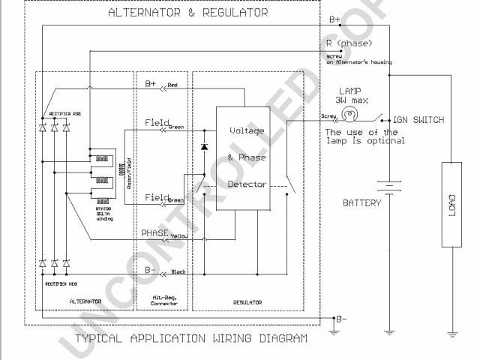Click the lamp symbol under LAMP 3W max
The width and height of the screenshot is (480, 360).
click(x=348, y=115)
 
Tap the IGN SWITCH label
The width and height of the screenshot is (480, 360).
click(x=418, y=120)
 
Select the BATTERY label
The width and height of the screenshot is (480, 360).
click(x=362, y=202)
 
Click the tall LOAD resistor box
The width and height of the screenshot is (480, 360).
click(x=451, y=204)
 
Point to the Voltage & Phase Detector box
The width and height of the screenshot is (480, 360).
click(x=242, y=158)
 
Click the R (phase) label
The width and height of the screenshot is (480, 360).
click(x=347, y=43)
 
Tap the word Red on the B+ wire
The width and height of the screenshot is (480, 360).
click(x=173, y=85)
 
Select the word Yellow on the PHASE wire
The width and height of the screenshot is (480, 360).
click(x=179, y=236)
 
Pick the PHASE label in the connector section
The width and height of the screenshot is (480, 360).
click(x=155, y=233)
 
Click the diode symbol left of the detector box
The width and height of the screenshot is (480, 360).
click(x=203, y=145)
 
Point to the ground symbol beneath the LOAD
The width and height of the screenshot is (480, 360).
click(x=451, y=331)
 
